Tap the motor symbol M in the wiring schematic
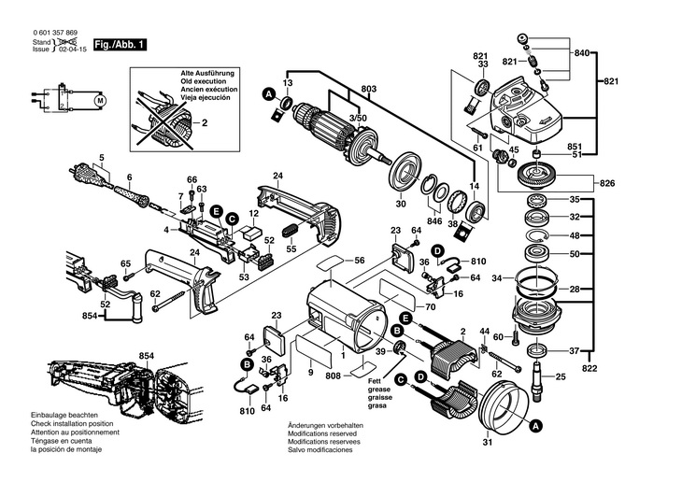tap(102, 99)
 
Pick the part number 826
tap(606, 181)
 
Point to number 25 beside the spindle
tap(561, 376)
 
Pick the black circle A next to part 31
tap(535, 425)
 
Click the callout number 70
tap(430, 306)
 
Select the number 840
tap(582, 54)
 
